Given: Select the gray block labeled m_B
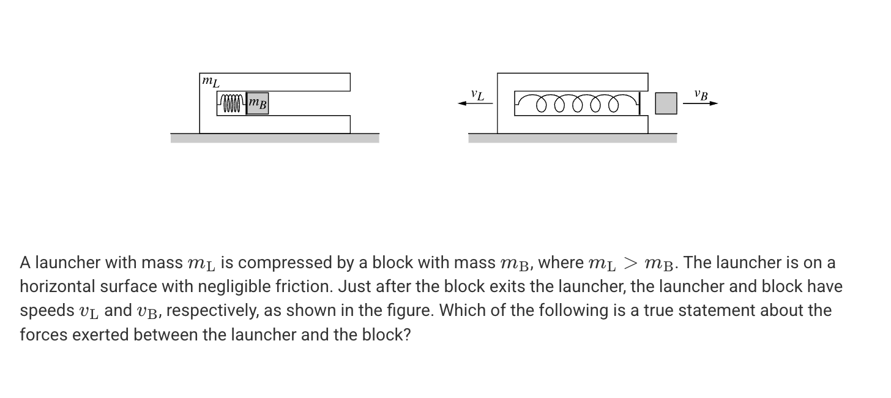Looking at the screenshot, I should click(258, 103).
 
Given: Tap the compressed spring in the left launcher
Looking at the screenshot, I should click(232, 103).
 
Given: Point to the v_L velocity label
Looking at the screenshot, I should click(477, 95).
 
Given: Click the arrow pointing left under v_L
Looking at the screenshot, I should click(475, 103).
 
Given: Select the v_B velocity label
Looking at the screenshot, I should click(701, 95).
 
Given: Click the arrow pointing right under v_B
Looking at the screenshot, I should click(700, 103).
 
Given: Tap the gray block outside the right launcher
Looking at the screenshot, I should click(666, 103).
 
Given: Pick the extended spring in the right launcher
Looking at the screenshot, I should click(576, 104).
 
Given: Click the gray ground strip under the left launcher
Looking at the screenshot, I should click(275, 138).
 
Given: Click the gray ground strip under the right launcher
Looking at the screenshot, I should click(572, 138).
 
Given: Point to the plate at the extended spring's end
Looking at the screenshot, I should click(639, 103).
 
